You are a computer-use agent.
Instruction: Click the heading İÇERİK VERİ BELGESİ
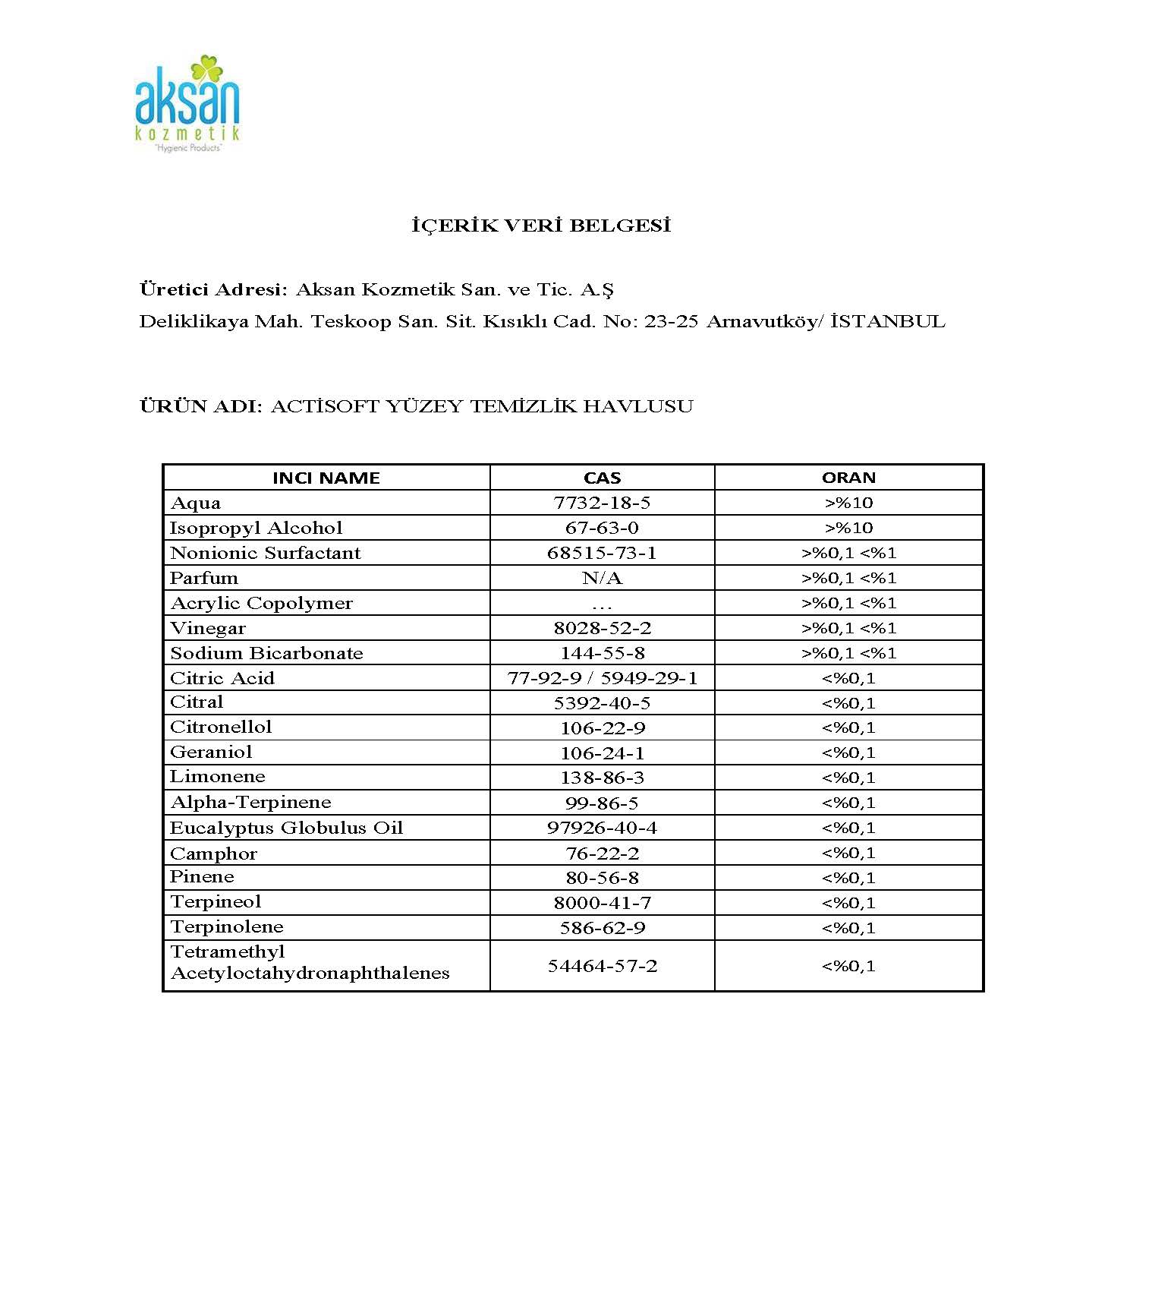pos(541,226)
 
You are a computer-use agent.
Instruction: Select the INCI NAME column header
pos(326,478)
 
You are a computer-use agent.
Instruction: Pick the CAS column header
pos(602,478)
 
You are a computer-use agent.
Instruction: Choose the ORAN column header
pos(848,478)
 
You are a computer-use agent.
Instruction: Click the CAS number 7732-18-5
pos(602,503)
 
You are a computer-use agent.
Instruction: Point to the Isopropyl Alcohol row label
pos(256,528)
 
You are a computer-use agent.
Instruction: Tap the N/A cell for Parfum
pos(602,578)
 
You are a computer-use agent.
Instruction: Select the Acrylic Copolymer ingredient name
pos(261,603)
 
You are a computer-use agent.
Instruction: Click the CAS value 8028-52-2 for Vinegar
pos(602,628)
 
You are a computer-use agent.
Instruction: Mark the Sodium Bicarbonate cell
pos(266,653)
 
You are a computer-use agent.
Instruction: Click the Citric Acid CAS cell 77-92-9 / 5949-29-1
pos(602,678)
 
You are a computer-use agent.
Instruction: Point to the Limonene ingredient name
pos(217,776)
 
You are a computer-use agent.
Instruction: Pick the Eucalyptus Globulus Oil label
pos(286,827)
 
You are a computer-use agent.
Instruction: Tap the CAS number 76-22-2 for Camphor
pos(602,854)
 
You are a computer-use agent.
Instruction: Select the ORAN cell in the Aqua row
pos(848,503)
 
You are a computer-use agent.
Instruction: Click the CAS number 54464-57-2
pos(602,966)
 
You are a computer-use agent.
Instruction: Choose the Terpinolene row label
pos(226,926)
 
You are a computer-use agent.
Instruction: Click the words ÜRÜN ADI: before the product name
pos(200,406)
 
